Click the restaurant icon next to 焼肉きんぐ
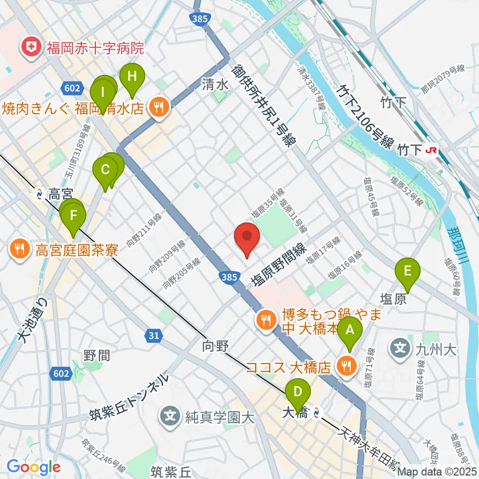159,106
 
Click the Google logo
33,467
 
